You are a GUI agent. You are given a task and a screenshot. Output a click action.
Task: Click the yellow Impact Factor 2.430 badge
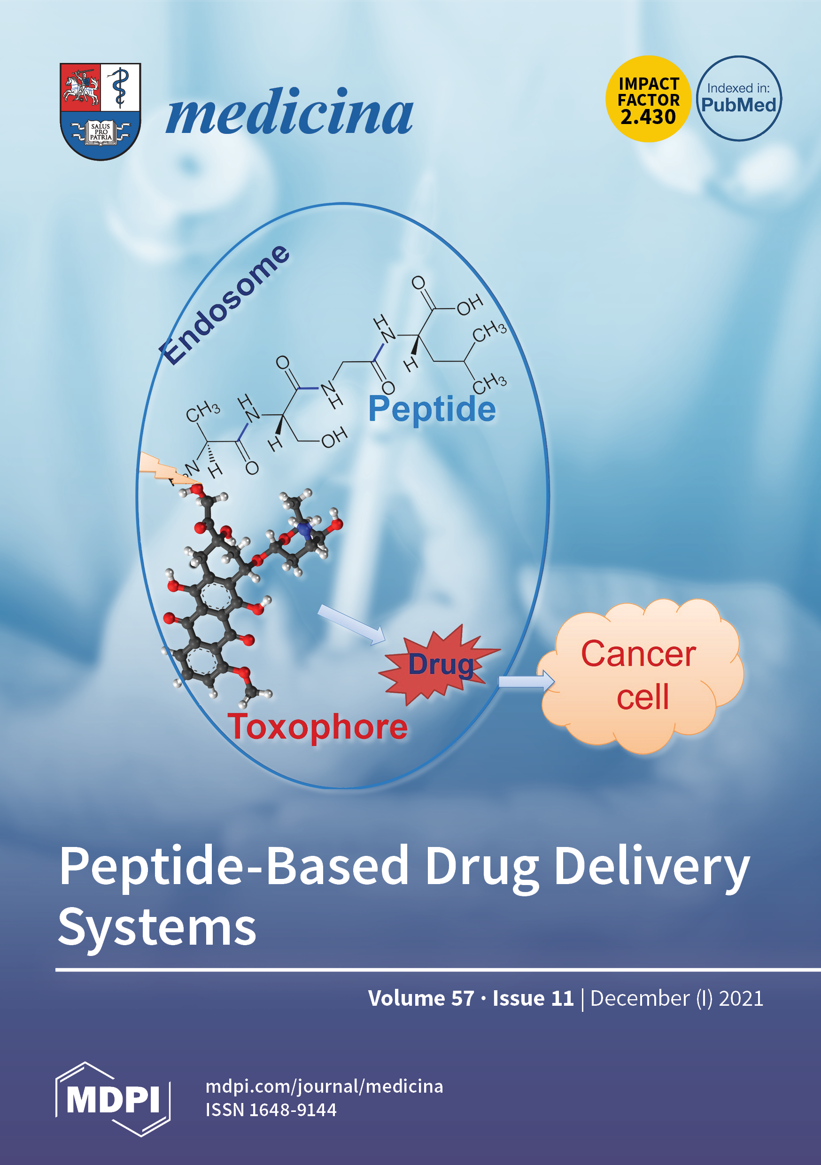[648, 99]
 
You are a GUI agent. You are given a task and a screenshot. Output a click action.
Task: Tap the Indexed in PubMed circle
[738, 99]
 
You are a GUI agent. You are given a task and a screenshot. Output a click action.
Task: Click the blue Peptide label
[432, 409]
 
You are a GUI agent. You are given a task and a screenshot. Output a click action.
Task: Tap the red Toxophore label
[317, 727]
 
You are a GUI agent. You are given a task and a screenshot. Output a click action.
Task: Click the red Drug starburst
[440, 664]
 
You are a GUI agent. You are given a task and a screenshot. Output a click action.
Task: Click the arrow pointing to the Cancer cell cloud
[526, 682]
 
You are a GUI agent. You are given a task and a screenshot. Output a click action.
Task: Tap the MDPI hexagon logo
[113, 1099]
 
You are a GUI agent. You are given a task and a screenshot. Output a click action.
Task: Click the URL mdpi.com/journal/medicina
[324, 1087]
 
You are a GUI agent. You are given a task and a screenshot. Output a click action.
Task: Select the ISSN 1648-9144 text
[271, 1110]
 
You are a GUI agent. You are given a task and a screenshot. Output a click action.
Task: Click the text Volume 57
[421, 998]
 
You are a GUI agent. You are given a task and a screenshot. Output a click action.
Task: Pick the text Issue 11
[533, 998]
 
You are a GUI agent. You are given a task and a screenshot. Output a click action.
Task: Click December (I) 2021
[676, 998]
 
